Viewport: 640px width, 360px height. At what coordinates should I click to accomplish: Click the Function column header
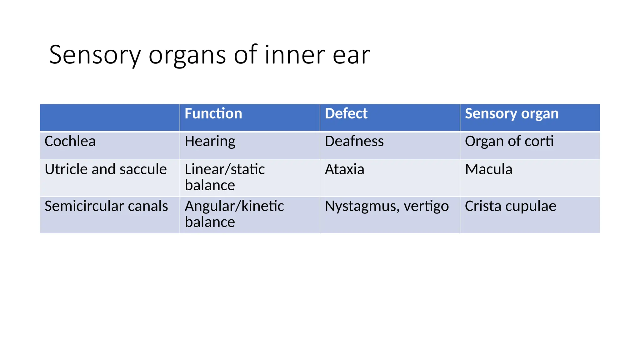point(213,113)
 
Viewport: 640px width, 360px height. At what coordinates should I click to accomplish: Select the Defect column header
point(346,113)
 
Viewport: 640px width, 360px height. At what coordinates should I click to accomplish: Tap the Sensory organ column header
point(512,114)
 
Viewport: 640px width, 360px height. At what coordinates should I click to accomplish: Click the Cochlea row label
point(70,141)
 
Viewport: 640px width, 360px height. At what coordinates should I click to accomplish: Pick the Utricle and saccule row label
point(106,169)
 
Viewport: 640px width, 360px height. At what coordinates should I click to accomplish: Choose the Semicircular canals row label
point(106,206)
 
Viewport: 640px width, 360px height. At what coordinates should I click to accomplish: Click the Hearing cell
point(210,142)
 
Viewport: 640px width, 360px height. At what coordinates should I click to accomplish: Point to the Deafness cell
point(354,141)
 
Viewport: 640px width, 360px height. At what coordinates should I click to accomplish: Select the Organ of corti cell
point(509,142)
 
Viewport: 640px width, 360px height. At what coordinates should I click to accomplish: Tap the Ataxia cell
point(344,169)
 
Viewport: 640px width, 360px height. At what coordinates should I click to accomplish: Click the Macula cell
point(488,169)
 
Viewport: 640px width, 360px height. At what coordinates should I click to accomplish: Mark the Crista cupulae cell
point(510,206)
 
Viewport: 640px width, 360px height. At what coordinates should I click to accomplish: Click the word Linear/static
point(225,169)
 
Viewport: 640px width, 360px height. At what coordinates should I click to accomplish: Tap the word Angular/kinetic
point(234,206)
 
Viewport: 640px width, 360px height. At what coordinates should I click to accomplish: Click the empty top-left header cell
point(110,117)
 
